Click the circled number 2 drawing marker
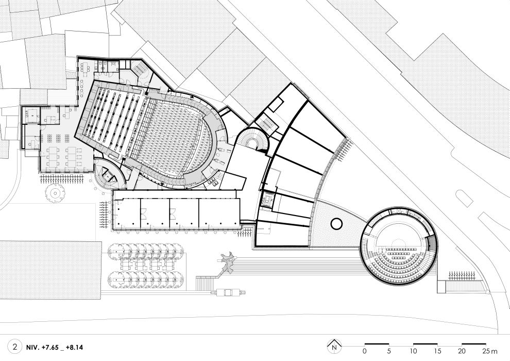pos(15,347)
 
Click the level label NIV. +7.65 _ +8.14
pos(55,347)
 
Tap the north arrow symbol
pos(334,346)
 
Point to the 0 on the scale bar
pos(365,351)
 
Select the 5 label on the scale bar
pos(388,351)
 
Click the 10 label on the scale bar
pos(413,351)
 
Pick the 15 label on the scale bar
pos(437,351)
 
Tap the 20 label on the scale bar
pos(462,351)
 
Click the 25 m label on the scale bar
pos(490,351)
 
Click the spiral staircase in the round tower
pos(253,141)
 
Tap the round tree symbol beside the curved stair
pos(55,193)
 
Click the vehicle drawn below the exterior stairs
pos(228,292)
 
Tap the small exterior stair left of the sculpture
pos(205,283)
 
